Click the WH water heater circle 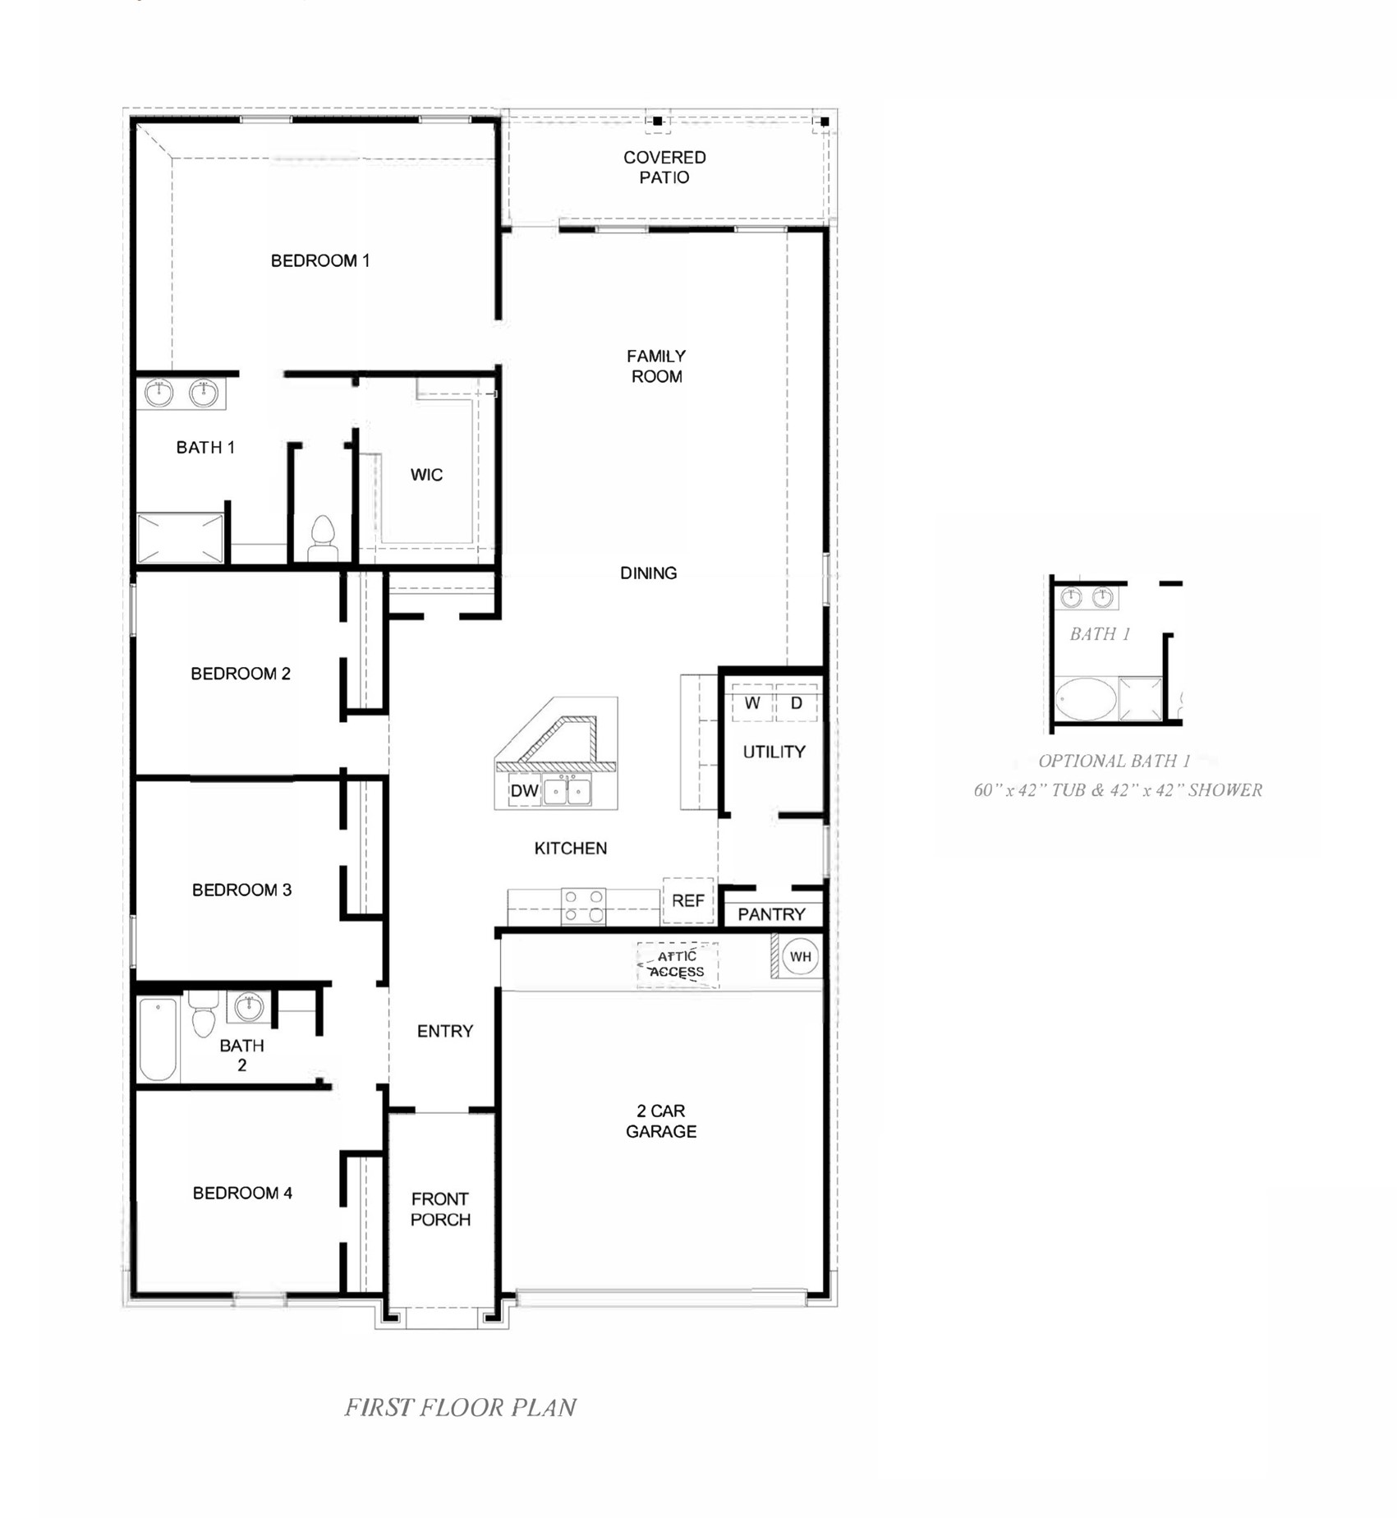pyautogui.click(x=800, y=956)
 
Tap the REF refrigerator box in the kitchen pyautogui.click(x=687, y=901)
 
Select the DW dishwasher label pyautogui.click(x=524, y=791)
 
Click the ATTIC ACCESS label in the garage pyautogui.click(x=677, y=964)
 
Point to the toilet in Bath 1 pyautogui.click(x=323, y=538)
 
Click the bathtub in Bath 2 pyautogui.click(x=158, y=1039)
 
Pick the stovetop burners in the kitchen pyautogui.click(x=584, y=906)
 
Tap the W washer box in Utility pyautogui.click(x=752, y=703)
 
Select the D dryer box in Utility pyautogui.click(x=796, y=703)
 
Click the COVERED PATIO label pyautogui.click(x=664, y=168)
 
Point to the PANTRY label pyautogui.click(x=771, y=914)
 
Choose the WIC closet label pyautogui.click(x=426, y=475)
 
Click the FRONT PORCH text pyautogui.click(x=440, y=1209)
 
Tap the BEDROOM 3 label pyautogui.click(x=241, y=890)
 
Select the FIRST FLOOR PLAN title pyautogui.click(x=460, y=1408)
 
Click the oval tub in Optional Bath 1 pyautogui.click(x=1085, y=699)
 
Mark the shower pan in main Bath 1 pyautogui.click(x=180, y=538)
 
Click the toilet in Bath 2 pyautogui.click(x=204, y=1017)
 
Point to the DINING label pyautogui.click(x=648, y=573)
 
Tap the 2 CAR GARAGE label pyautogui.click(x=661, y=1121)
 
